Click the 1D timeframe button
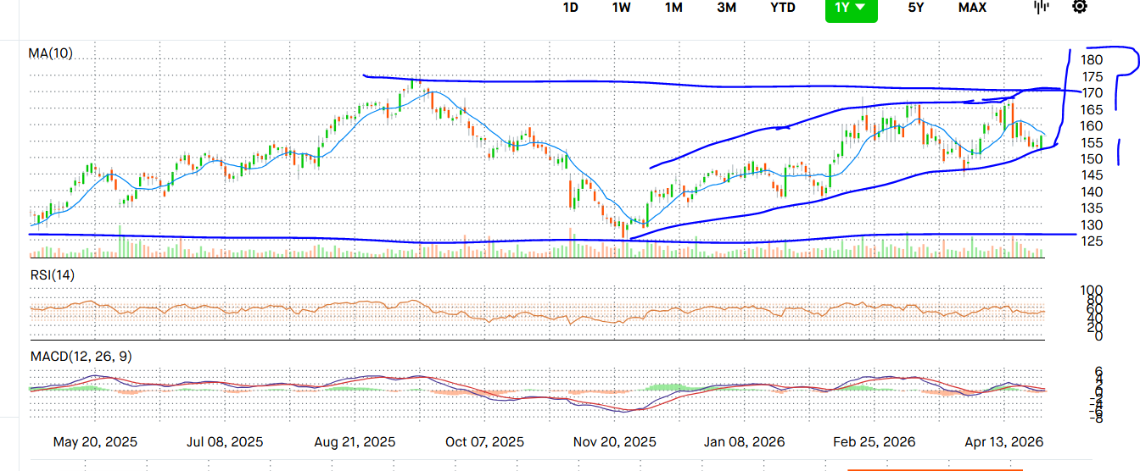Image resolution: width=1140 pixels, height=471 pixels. click(x=571, y=8)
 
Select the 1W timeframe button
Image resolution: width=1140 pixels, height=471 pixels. click(x=621, y=8)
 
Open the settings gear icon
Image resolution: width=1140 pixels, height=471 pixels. click(x=1079, y=7)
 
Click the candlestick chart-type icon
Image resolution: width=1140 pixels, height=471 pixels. click(x=1042, y=7)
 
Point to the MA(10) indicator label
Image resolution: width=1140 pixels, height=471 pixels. click(x=51, y=53)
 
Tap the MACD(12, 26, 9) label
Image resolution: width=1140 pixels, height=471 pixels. click(x=81, y=356)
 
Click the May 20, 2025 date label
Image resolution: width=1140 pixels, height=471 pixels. click(x=95, y=442)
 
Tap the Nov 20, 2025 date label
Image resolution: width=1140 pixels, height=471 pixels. click(x=615, y=442)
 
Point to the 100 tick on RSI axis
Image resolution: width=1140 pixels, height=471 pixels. click(x=1092, y=291)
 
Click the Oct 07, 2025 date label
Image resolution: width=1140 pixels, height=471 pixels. click(x=484, y=442)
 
